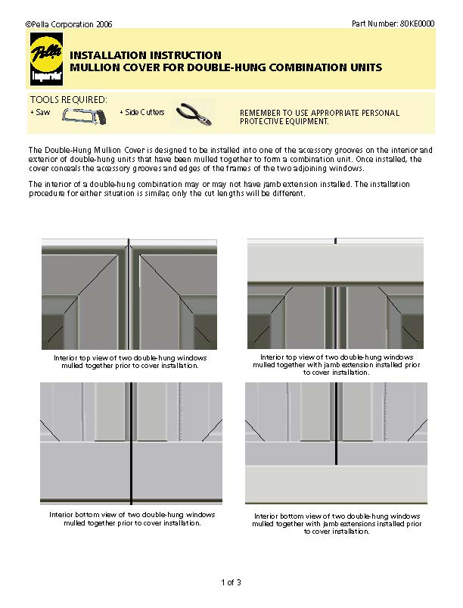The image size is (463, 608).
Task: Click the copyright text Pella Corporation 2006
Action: [x=69, y=25]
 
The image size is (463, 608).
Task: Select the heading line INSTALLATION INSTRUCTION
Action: [x=145, y=55]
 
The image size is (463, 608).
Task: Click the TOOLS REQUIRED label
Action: [x=68, y=99]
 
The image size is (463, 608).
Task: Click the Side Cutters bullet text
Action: [x=144, y=112]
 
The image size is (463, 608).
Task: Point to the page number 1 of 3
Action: [x=231, y=582]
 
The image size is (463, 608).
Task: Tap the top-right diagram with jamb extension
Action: [x=335, y=293]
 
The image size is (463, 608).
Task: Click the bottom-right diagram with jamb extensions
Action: [x=336, y=443]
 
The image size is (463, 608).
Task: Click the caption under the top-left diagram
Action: [x=130, y=361]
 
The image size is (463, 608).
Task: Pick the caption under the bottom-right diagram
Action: [x=337, y=523]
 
